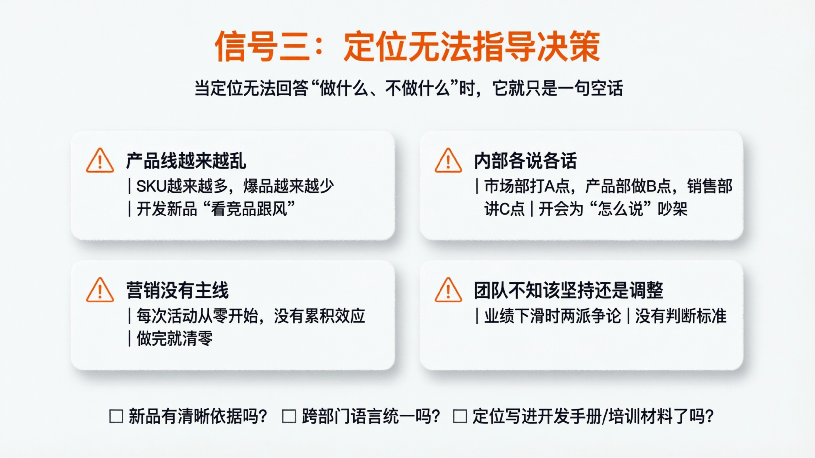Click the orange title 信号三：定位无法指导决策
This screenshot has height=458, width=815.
(x=407, y=46)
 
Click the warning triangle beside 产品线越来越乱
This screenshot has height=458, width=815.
(x=100, y=161)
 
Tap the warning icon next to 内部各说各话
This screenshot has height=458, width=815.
(x=448, y=161)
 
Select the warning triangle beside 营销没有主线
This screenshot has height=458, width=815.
(x=100, y=291)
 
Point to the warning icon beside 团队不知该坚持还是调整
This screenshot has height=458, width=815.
(x=448, y=291)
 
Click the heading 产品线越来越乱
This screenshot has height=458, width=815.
(x=186, y=161)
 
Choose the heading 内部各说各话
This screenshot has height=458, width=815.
(x=525, y=161)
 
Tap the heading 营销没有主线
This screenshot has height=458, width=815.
(x=178, y=291)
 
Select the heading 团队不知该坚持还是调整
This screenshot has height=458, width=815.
(x=568, y=291)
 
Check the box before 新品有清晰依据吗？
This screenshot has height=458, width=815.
(x=116, y=416)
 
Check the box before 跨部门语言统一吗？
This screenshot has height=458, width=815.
(x=289, y=416)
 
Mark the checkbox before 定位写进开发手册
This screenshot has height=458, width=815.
(x=460, y=416)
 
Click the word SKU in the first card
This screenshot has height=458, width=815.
(x=151, y=186)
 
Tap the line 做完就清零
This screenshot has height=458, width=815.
(x=175, y=339)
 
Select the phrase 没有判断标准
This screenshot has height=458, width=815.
(x=681, y=316)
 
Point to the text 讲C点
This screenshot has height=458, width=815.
(x=504, y=209)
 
